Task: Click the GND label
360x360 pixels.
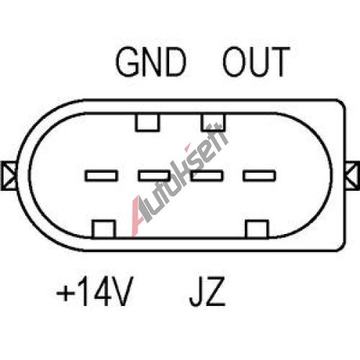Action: point(150,62)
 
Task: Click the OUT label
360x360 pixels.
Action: point(256,62)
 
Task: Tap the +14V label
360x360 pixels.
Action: point(94,292)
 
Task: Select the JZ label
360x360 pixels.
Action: point(207,292)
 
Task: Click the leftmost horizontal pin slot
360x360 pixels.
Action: point(102,176)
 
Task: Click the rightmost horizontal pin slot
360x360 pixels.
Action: point(259,176)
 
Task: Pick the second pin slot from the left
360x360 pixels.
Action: point(154,176)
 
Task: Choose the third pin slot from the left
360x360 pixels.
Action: point(207,176)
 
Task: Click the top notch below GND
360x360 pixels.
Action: point(148,122)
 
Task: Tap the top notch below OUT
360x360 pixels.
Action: point(213,122)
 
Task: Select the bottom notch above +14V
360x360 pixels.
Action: point(104,229)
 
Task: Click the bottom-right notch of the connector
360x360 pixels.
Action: point(257,229)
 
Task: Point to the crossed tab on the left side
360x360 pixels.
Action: point(9,176)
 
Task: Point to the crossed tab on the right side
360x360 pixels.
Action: point(352,176)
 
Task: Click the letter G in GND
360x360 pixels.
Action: point(127,62)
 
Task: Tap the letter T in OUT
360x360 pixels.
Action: point(279,62)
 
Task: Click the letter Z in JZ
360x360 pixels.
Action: point(215,292)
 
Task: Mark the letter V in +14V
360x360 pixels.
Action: point(122,292)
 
